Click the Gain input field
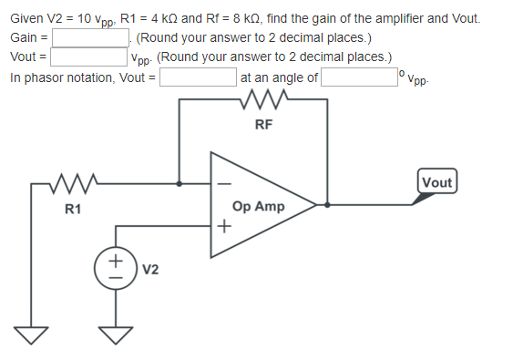coord(93,38)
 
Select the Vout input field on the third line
coord(88,57)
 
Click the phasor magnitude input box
coord(199,77)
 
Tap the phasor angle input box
coord(358,77)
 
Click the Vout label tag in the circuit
coord(437,182)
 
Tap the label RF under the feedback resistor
coord(263,125)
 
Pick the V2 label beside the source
coord(150,269)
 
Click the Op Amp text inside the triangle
coord(259,207)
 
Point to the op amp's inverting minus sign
coord(219,185)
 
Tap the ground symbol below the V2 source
coord(116,335)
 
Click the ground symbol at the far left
coord(33,335)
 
